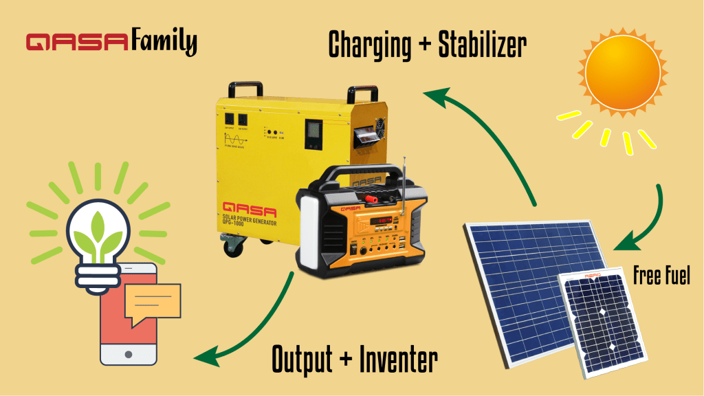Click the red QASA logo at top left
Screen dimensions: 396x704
[x=76, y=43]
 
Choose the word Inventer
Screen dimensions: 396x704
[x=399, y=359]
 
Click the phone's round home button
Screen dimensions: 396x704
[x=129, y=354]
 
